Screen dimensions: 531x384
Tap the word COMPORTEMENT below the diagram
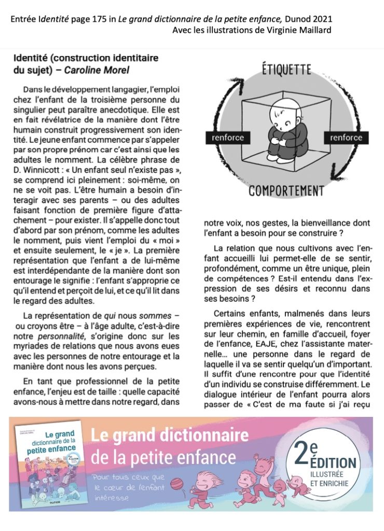pyautogui.click(x=286, y=190)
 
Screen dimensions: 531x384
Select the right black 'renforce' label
pyautogui.click(x=346, y=138)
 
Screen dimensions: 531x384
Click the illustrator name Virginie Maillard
pyautogui.click(x=299, y=31)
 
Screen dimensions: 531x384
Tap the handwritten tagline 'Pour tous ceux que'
pyautogui.click(x=129, y=477)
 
